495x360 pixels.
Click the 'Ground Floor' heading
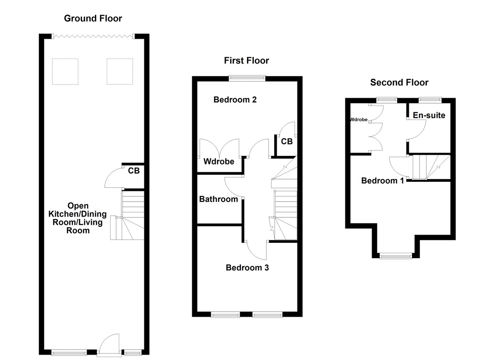93,18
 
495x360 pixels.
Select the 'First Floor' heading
246,61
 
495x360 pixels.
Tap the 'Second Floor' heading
399,82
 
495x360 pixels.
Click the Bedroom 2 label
235,99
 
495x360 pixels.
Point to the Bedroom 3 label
247,268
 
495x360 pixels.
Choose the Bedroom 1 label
382,181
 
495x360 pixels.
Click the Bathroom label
218,199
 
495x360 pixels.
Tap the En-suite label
429,115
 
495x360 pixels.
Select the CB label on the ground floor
133,170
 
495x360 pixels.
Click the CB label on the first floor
287,141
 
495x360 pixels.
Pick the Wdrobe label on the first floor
219,161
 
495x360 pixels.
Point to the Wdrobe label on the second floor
358,120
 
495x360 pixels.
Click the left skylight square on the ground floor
65,72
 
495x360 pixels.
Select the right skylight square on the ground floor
120,72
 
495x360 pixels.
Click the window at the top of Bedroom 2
247,77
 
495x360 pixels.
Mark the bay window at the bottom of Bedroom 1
396,256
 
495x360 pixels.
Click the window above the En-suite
430,99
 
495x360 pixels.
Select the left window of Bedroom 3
225,315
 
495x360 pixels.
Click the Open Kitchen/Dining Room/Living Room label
78,218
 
